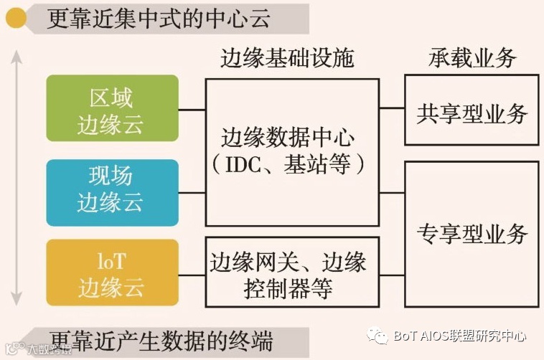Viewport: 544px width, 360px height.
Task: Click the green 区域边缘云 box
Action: [x=111, y=109]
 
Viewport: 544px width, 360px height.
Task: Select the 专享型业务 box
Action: [x=472, y=232]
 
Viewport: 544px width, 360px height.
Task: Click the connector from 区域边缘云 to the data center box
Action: [x=192, y=110]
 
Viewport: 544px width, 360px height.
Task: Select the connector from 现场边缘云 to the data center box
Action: [x=192, y=191]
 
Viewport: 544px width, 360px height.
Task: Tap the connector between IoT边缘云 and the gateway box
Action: [x=192, y=273]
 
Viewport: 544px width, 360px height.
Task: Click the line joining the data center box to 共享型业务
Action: [x=392, y=109]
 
